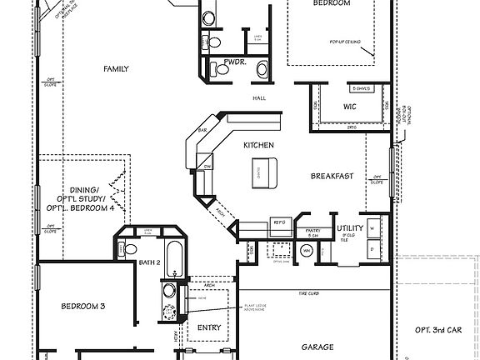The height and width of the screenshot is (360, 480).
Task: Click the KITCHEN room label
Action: pos(258,145)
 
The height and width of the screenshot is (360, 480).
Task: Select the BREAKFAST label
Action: pos(333,176)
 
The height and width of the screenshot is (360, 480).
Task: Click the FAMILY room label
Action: pos(116,68)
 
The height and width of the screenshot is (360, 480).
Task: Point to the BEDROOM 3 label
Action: pos(82,306)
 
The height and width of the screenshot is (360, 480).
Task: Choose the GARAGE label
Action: pos(317,347)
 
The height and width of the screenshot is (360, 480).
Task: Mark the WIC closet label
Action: pos(350,107)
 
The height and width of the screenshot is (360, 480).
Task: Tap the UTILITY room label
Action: pos(348,227)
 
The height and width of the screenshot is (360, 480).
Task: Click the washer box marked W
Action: pos(372,226)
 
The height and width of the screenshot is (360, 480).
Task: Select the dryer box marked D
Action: pos(372,247)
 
